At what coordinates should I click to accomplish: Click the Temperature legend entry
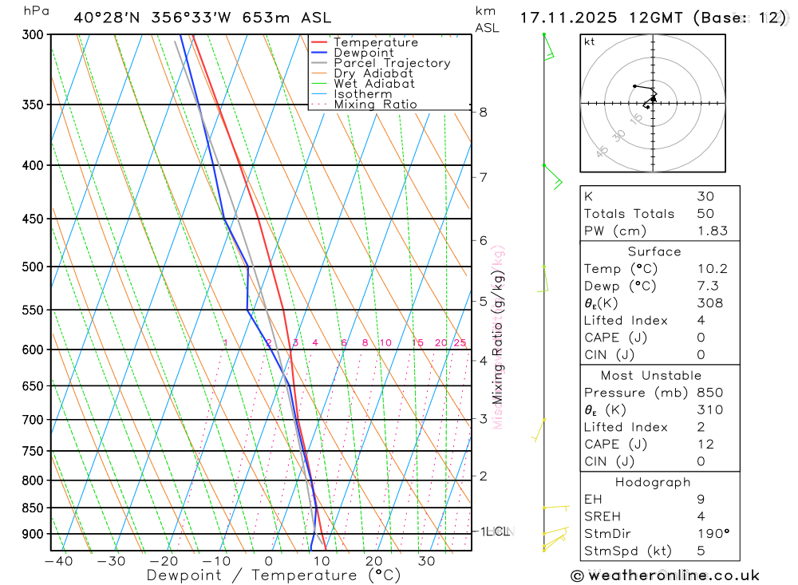pos(375,42)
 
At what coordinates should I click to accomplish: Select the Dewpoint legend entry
pos(363,53)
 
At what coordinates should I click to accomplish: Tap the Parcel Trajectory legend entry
pos(392,63)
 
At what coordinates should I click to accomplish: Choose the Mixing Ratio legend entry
pos(375,105)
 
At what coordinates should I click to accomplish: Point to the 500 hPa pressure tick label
pos(32,267)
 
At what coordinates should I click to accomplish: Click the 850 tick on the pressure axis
pos(32,508)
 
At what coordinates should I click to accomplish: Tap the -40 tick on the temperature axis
pos(58,561)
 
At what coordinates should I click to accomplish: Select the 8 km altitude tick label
pos(484,112)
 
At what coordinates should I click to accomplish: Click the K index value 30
pos(705,196)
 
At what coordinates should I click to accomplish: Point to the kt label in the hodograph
pos(589,42)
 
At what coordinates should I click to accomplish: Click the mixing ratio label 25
pos(460,343)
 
